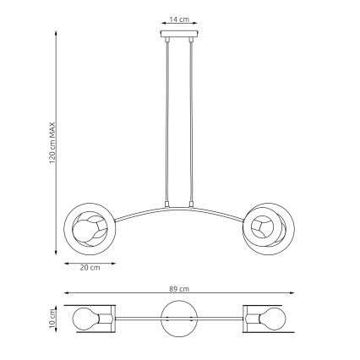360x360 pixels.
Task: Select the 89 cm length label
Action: pos(177,288)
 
